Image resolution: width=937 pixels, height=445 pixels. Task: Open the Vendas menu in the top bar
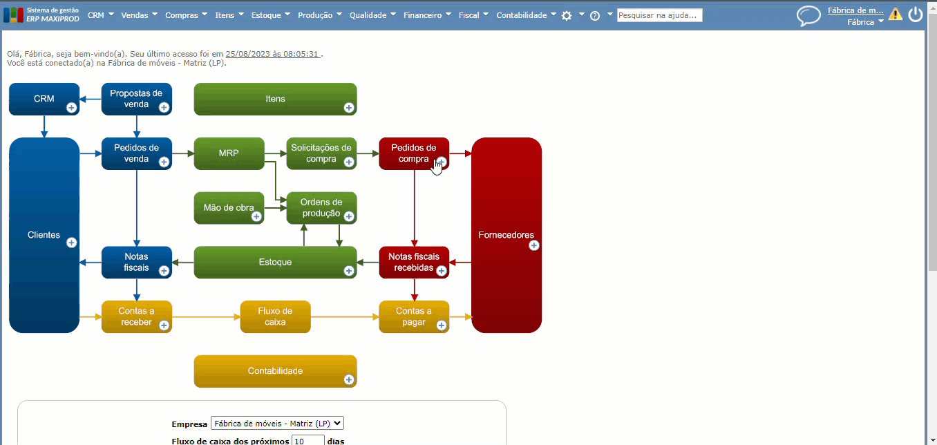[x=139, y=15]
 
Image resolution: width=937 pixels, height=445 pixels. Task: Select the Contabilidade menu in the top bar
[x=526, y=15]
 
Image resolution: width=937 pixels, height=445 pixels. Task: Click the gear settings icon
[x=567, y=15]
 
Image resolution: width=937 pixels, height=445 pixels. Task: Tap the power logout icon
[x=916, y=15]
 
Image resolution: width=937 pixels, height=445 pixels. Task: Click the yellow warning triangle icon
[x=896, y=14]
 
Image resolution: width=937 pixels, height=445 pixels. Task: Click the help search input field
[x=659, y=15]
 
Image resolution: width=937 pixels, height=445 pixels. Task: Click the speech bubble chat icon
[x=808, y=15]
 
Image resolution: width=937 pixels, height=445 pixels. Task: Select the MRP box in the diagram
[x=229, y=153]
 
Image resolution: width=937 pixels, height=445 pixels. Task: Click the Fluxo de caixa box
[x=275, y=316]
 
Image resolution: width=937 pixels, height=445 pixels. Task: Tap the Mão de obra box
[x=229, y=207]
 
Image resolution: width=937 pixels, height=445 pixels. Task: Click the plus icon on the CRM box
[x=71, y=107]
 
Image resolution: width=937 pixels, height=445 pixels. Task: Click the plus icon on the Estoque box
[x=349, y=270]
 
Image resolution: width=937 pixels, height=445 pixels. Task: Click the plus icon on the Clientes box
[x=71, y=243]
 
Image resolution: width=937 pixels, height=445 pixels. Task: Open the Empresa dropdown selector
[x=277, y=424]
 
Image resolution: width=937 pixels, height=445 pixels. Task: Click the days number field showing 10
[x=307, y=440]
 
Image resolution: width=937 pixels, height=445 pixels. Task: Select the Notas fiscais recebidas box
[x=413, y=262]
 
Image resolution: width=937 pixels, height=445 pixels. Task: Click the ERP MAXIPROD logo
[x=41, y=15]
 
